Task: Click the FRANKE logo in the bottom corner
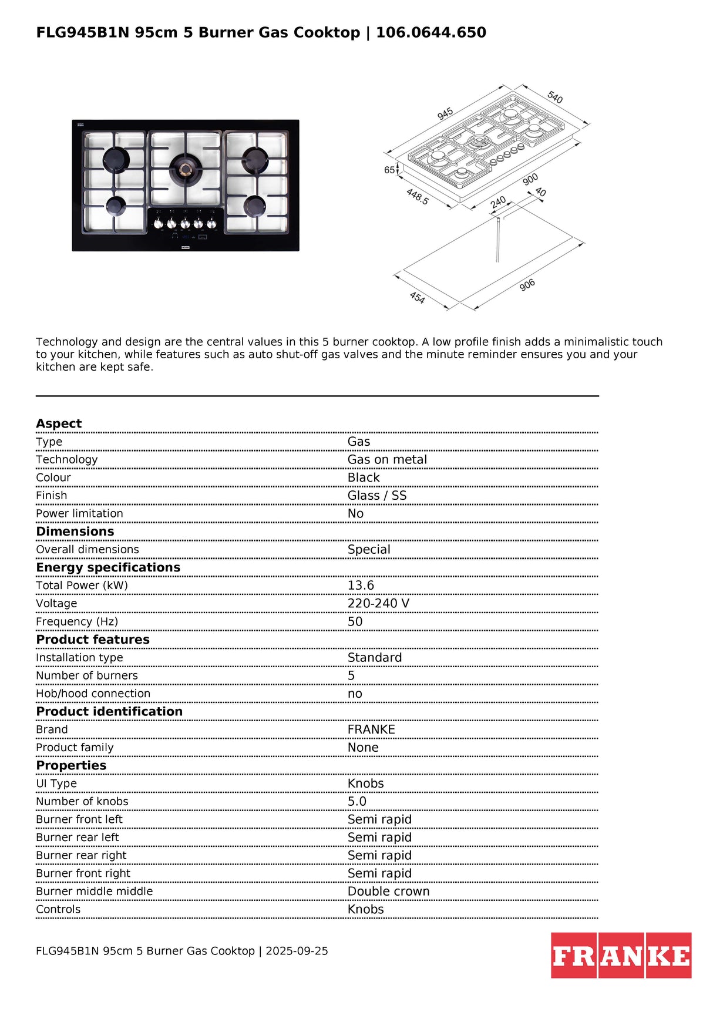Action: coord(621,955)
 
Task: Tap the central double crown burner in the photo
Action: coord(186,170)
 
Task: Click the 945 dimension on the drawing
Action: coord(445,113)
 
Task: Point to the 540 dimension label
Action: coord(555,97)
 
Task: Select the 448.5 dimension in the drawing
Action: coord(418,197)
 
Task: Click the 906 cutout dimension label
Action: coord(527,285)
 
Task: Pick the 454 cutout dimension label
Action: coord(417,298)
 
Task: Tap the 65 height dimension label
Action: coord(389,170)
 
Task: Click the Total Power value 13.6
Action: coord(361,586)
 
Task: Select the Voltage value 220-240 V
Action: coord(378,604)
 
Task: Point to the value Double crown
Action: coord(388,892)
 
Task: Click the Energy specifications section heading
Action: coord(108,567)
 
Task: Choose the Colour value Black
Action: coord(364,477)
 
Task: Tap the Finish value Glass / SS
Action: coord(377,496)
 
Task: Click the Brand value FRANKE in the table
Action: coord(371,729)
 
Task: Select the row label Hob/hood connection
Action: coord(93,694)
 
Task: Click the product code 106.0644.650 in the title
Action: coord(431,33)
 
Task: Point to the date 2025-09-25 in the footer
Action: coord(297,951)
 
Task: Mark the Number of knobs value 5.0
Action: coord(356,802)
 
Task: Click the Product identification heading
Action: coord(109,712)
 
